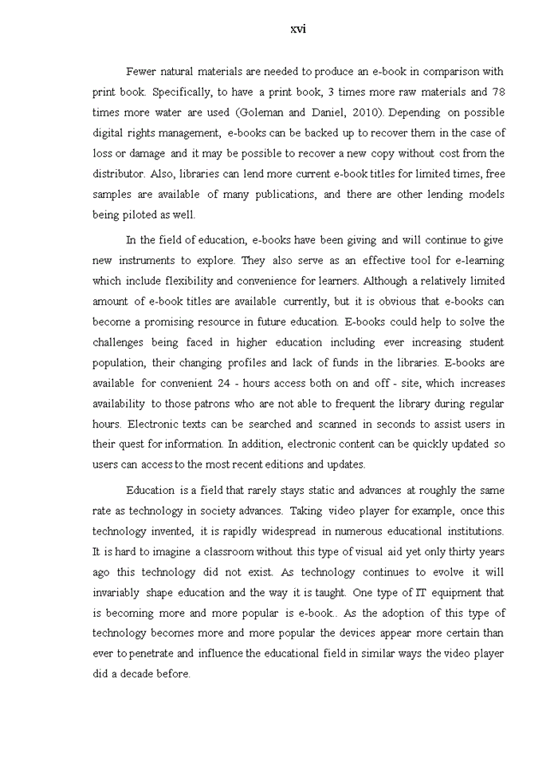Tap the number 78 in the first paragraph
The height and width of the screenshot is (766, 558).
[x=498, y=93]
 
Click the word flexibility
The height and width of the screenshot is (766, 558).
[x=186, y=281]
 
